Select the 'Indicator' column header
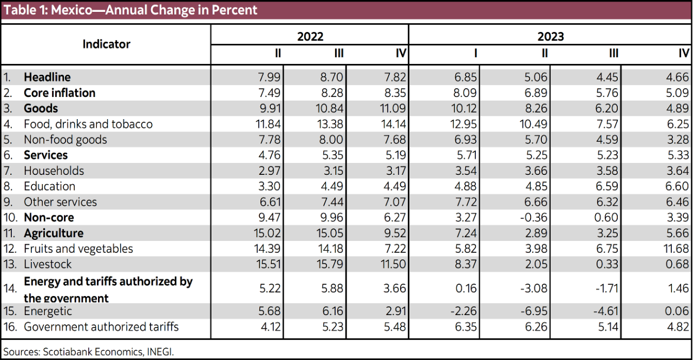[106, 44]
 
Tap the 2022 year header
[310, 36]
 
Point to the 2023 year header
[550, 36]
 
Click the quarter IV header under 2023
[684, 54]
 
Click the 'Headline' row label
[47, 77]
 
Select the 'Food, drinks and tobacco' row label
[88, 124]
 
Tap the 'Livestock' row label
[48, 264]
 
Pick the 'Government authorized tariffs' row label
[101, 327]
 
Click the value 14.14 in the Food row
[393, 124]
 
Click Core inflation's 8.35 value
[393, 93]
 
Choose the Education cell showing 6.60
[677, 187]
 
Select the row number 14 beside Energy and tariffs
[10, 290]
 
